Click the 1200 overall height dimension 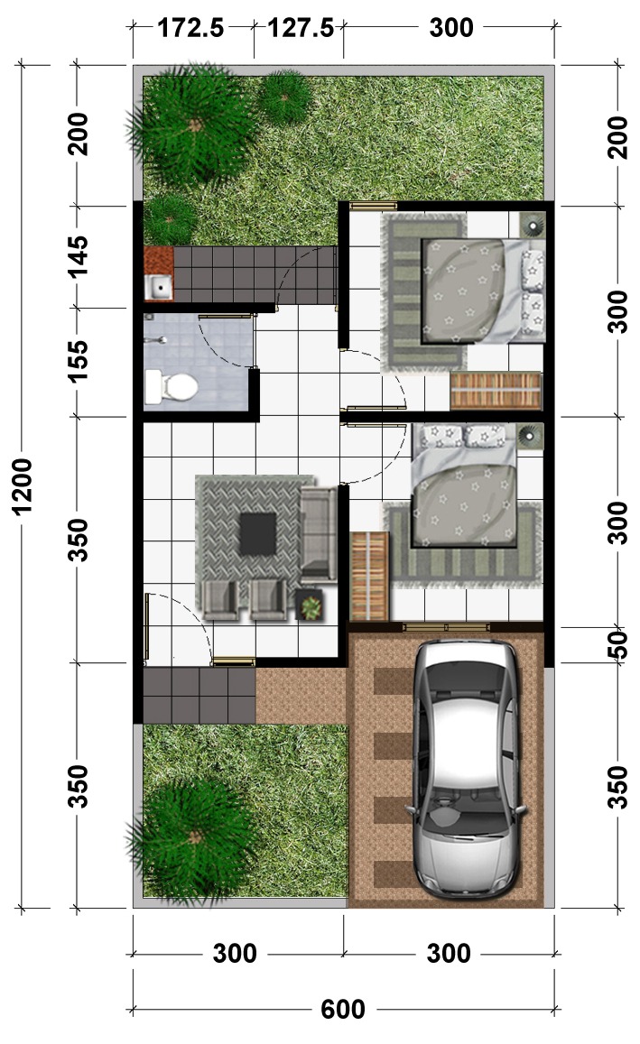23,486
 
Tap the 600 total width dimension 343,1010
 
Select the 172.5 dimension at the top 190,28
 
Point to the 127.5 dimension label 301,28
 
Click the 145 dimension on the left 78,256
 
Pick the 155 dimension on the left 78,361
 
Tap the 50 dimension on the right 618,644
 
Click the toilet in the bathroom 171,387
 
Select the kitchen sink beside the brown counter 159,287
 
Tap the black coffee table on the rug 258,533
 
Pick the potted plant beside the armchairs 310,605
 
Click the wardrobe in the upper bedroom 496,390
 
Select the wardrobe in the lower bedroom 369,576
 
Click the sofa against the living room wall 319,532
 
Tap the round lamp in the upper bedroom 533,225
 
